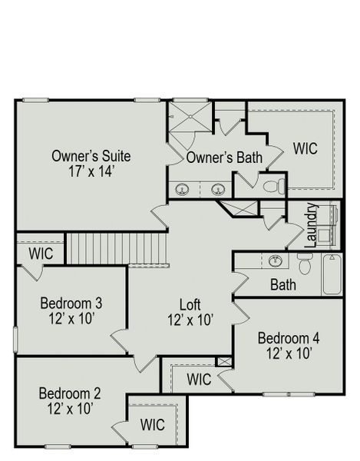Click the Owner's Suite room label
[x=91, y=156]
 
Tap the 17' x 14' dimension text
[x=91, y=171]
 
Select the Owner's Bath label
[x=224, y=158]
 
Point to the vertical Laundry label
[x=312, y=225]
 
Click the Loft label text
[x=190, y=303]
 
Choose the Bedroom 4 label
[x=288, y=338]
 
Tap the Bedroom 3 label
[x=71, y=303]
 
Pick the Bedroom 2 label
[x=69, y=394]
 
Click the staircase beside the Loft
[x=117, y=248]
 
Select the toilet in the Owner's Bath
[x=272, y=186]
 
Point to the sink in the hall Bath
[x=275, y=261]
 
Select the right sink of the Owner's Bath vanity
[x=218, y=189]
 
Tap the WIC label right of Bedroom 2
[x=153, y=424]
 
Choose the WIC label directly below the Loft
[x=199, y=379]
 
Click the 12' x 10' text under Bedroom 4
[x=288, y=353]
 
